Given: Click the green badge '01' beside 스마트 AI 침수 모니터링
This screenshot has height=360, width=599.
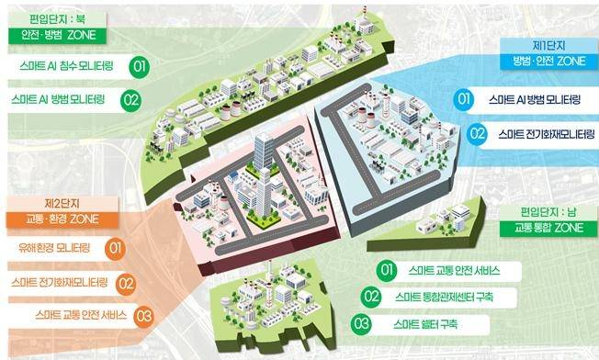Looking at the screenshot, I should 139,67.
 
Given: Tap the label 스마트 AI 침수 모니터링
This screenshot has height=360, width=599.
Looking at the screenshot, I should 66,67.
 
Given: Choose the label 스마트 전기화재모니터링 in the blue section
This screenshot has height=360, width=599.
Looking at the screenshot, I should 545,134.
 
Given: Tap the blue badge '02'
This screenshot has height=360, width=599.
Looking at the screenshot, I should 477,134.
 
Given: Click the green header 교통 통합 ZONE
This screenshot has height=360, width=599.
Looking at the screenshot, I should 547,228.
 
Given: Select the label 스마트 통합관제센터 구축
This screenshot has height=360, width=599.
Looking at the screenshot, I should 443,297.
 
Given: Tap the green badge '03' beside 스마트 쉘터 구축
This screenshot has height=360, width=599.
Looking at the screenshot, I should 362,324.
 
